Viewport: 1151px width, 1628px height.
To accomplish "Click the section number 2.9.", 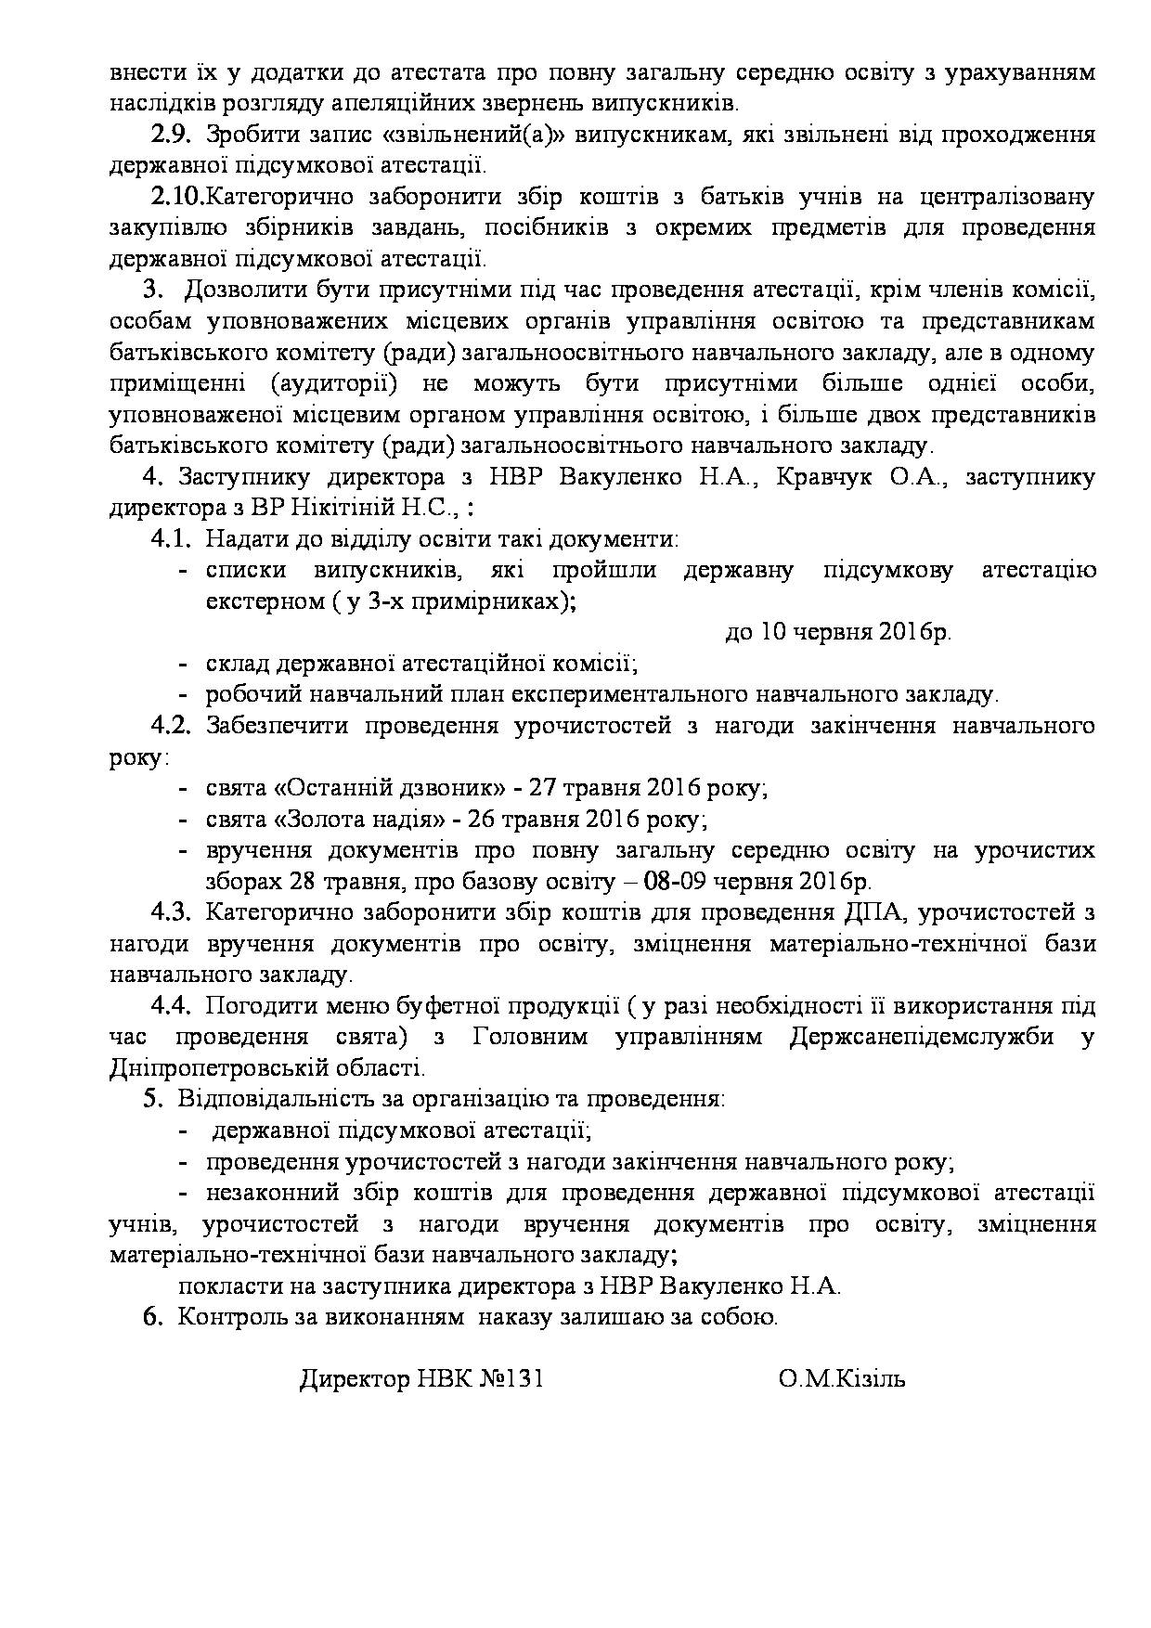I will (171, 135).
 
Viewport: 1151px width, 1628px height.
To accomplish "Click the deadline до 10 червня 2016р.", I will (838, 632).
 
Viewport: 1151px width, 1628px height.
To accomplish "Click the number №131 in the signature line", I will (511, 1379).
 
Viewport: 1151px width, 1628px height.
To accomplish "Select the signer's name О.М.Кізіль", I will (843, 1379).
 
